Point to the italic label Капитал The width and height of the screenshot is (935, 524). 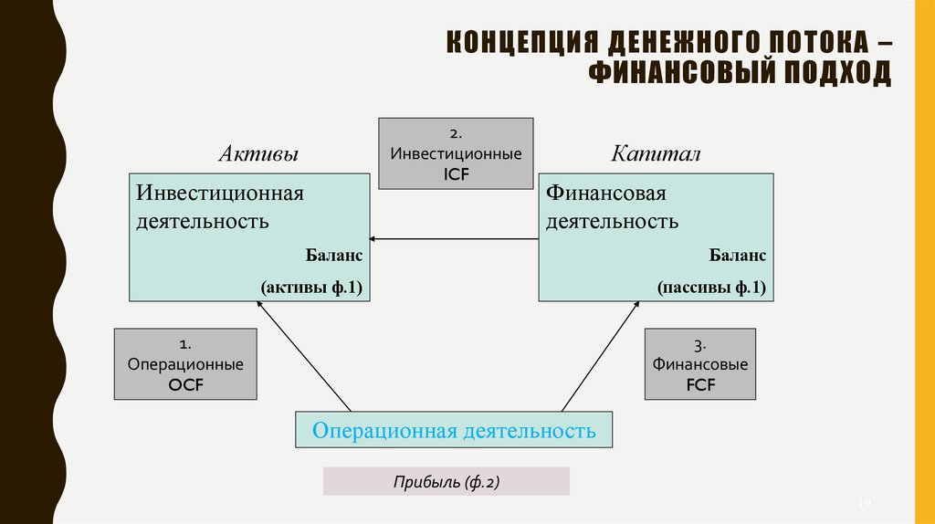pyautogui.click(x=657, y=154)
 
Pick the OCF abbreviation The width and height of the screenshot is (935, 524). pyautogui.click(x=184, y=385)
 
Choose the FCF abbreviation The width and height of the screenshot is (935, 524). pyautogui.click(x=700, y=385)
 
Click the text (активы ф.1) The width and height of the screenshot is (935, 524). pyautogui.click(x=312, y=288)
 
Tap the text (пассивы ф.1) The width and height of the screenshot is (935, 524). pyautogui.click(x=711, y=288)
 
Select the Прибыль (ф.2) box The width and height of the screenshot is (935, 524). pyautogui.click(x=446, y=481)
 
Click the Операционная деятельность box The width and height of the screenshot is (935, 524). pyautogui.click(x=454, y=430)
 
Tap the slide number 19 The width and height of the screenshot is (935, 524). pyautogui.click(x=867, y=504)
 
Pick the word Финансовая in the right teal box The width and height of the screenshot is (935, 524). pyautogui.click(x=606, y=194)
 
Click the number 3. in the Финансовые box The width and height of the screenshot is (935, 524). pyautogui.click(x=700, y=345)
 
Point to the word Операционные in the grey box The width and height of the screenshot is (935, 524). pyautogui.click(x=184, y=364)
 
